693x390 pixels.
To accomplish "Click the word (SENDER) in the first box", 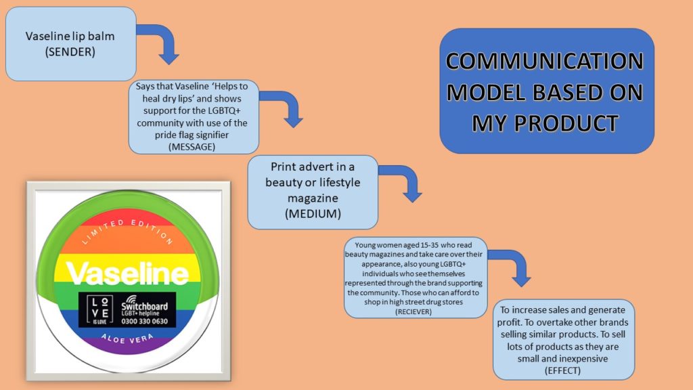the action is click(70, 51).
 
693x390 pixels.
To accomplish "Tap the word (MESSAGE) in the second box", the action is click(192, 147).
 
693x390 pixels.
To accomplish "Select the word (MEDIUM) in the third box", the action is click(313, 214).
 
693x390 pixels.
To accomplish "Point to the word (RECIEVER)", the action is click(413, 311).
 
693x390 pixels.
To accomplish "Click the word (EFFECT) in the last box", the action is click(562, 370).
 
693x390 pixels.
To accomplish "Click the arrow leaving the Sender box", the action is click(166, 37).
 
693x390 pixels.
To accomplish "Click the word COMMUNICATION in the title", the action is click(545, 61).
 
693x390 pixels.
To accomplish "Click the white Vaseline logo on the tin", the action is click(127, 274).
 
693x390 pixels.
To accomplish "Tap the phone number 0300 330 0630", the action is click(145, 322).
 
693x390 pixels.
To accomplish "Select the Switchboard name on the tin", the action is click(145, 306).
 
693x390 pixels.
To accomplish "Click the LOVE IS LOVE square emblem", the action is click(100, 309).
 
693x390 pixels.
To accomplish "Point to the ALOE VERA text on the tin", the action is click(127, 339).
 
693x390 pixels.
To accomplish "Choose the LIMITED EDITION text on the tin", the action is click(127, 231).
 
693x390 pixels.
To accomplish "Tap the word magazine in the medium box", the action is click(313, 198).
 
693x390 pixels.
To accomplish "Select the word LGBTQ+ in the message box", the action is click(224, 110).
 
